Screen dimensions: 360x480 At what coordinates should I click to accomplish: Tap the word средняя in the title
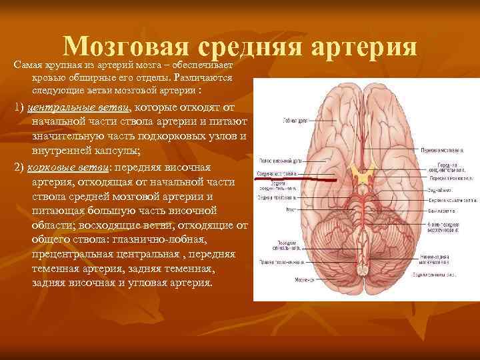coord(251,47)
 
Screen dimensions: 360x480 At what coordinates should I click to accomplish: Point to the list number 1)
coord(20,109)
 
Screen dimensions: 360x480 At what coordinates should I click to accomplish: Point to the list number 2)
coord(20,167)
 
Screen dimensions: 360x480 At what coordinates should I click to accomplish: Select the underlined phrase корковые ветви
coord(72,167)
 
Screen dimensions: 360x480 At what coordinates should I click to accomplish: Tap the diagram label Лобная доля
coord(275,121)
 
